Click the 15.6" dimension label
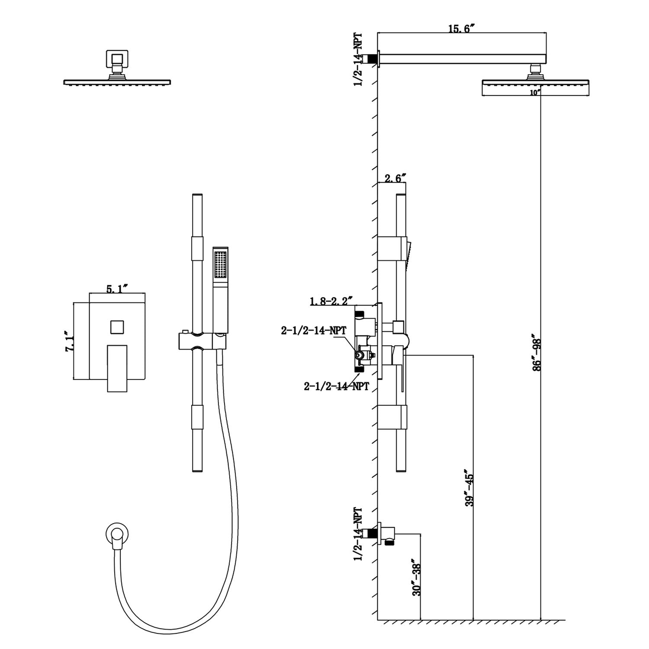coord(462,29)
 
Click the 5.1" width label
coord(116,289)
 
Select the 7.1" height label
coord(69,342)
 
